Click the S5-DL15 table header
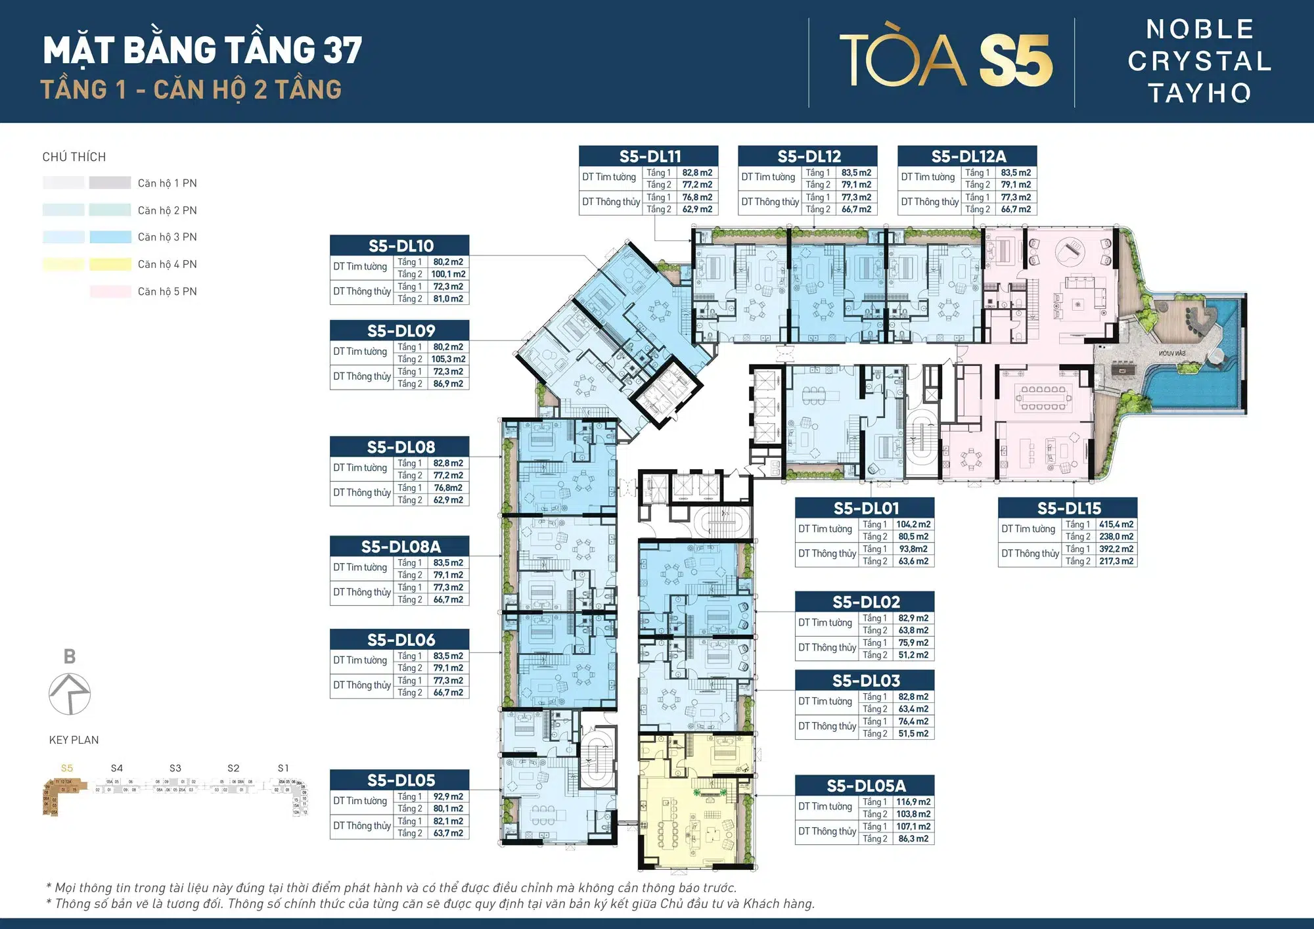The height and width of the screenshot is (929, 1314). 1068,508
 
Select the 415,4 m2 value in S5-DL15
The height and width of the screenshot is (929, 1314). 1116,524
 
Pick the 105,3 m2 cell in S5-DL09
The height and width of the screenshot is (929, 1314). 448,359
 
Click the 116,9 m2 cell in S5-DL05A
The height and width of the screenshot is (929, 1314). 913,802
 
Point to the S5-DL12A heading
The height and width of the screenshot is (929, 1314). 968,156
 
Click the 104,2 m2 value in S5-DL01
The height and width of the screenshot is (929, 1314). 913,524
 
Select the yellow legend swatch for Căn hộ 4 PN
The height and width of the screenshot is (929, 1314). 110,264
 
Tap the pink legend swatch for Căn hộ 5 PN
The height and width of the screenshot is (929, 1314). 110,292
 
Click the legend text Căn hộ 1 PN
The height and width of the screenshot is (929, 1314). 167,183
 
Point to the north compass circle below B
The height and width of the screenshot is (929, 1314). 70,694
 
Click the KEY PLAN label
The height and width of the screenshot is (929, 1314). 74,740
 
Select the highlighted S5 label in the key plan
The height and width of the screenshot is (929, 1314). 67,768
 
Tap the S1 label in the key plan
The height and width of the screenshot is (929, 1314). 283,768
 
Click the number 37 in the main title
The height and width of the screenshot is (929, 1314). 342,51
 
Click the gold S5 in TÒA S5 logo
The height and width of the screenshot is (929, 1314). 1016,60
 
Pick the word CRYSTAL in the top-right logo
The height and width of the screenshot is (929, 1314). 1200,61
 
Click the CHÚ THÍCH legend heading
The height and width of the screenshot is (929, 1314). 74,157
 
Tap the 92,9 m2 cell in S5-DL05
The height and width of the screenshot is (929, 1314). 448,796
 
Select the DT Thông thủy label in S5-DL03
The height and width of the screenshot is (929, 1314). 827,726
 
